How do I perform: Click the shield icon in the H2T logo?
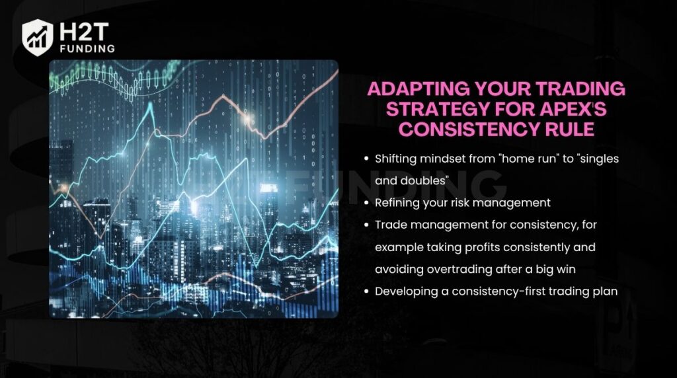click(x=38, y=36)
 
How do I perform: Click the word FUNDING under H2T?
click(x=86, y=48)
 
